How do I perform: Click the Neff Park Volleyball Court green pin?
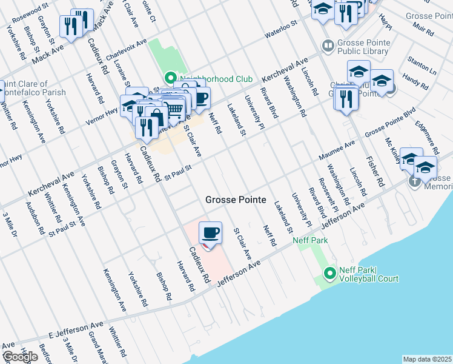[x=330, y=274]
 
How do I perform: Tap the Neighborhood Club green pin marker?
[x=170, y=78]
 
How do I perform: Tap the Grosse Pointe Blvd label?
[x=389, y=124]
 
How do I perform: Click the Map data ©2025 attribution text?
[x=427, y=359]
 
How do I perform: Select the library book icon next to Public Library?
[x=328, y=45]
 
